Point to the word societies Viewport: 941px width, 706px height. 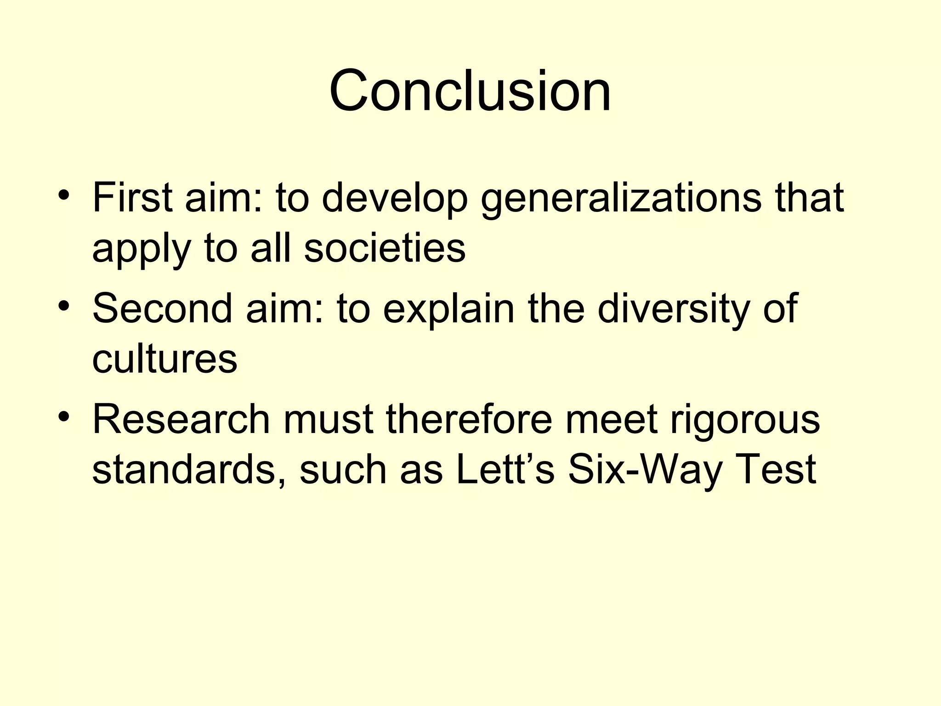pyautogui.click(x=385, y=248)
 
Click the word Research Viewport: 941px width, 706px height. pyautogui.click(x=181, y=419)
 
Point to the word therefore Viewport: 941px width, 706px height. pyautogui.click(x=469, y=419)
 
